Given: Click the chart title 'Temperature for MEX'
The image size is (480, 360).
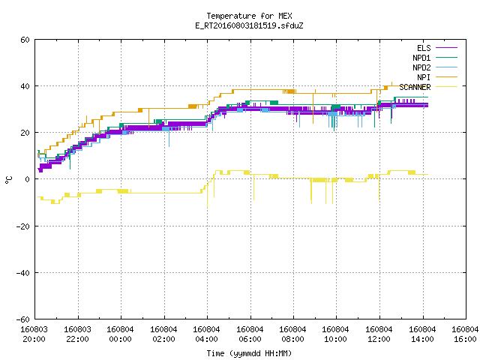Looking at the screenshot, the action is [x=249, y=16].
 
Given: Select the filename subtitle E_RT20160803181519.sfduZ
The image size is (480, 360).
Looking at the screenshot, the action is [x=249, y=25].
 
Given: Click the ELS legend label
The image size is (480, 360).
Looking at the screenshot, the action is [x=424, y=48].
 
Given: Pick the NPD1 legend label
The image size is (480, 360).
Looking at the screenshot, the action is [x=421, y=58].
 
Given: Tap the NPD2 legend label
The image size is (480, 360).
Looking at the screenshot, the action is [x=421, y=67].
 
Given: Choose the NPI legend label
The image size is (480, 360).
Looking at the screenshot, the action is [x=424, y=77].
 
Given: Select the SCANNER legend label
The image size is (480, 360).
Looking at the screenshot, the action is [x=415, y=87].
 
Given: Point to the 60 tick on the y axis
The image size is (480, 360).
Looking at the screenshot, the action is [x=25, y=40].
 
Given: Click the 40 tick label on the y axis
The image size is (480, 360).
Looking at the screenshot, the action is [x=25, y=86].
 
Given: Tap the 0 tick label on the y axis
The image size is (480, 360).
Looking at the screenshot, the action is [x=28, y=179].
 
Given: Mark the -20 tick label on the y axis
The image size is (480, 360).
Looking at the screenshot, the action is [x=23, y=226].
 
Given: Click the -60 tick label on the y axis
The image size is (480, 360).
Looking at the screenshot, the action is [x=23, y=319].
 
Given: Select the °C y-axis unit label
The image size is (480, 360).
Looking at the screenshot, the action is [x=8, y=180].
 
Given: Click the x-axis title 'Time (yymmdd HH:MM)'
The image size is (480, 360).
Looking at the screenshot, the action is [x=249, y=353].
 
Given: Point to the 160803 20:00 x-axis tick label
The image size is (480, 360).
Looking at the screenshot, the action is [x=34, y=334].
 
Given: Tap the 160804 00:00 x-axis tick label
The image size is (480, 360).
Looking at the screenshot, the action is [x=120, y=334].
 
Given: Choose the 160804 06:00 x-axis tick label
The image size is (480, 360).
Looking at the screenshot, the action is [x=250, y=334].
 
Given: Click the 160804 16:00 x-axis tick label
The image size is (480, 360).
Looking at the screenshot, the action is [x=465, y=334].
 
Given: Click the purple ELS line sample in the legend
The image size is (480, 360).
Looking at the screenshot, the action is [x=446, y=48].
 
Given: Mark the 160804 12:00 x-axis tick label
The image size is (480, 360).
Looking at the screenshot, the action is [x=379, y=334].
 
